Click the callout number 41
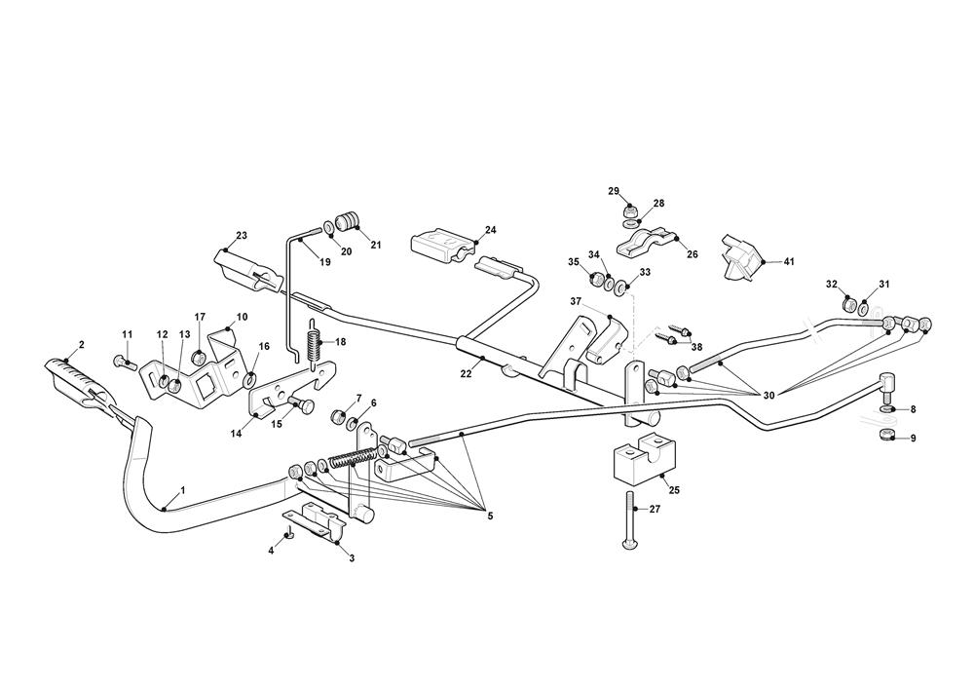coord(789,262)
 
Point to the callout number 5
coord(489,516)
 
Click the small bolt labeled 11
coord(121,363)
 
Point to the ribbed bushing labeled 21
coord(347,219)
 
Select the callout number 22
coord(467,373)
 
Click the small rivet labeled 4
coord(289,534)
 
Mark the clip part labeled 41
coord(740,256)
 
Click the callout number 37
coord(576,302)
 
